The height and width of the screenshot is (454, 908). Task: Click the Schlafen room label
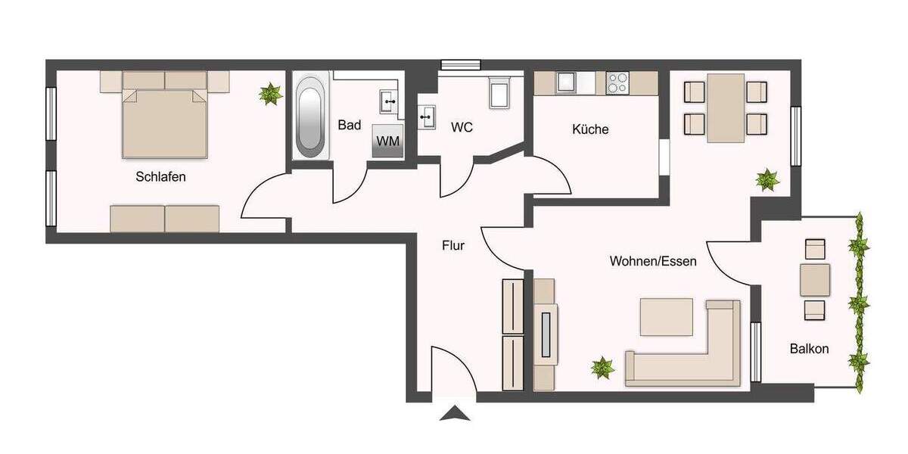tap(160, 177)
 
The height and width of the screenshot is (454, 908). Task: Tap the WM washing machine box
tap(387, 141)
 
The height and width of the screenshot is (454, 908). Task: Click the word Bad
tap(349, 125)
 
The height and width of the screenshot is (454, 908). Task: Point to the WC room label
tap(462, 127)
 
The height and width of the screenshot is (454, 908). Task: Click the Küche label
tap(590, 129)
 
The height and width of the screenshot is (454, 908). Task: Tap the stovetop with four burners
tap(617, 81)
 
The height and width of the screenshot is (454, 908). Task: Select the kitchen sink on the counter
tap(567, 80)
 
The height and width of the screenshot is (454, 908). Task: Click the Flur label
tap(452, 245)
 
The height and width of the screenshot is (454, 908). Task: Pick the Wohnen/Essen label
tap(653, 261)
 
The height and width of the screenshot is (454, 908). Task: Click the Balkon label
tap(809, 349)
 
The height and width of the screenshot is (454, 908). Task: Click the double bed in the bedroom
tap(165, 121)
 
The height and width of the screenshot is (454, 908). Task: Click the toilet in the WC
tap(500, 92)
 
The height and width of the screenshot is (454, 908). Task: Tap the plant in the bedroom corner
tap(268, 94)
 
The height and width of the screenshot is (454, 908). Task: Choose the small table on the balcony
tap(815, 279)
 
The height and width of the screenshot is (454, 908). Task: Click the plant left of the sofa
tap(602, 368)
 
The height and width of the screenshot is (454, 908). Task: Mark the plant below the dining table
tap(767, 180)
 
